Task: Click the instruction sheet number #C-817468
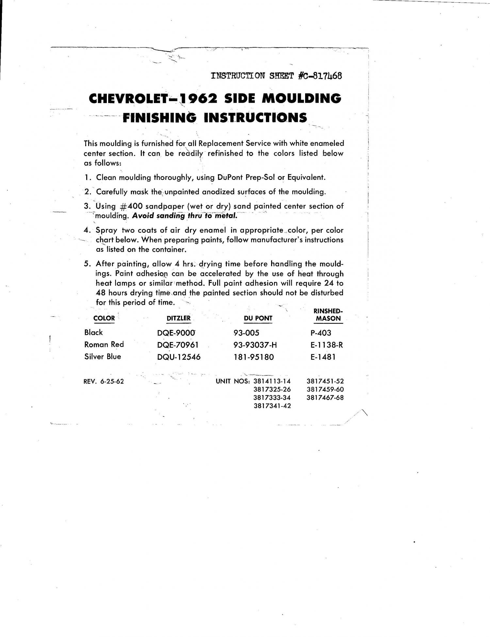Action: point(320,76)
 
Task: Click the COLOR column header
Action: point(104,318)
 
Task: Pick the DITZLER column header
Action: point(178,318)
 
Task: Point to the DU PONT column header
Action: point(258,318)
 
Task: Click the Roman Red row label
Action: point(104,344)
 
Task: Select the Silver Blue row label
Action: point(103,356)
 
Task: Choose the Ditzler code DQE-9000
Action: point(176,333)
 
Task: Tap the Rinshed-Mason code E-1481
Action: point(323,357)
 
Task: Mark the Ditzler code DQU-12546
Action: point(179,357)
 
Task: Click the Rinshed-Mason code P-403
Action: point(321,333)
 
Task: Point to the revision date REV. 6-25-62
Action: point(104,381)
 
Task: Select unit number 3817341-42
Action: point(272,406)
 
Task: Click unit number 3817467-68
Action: point(325,398)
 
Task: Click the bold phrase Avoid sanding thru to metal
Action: point(185,216)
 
